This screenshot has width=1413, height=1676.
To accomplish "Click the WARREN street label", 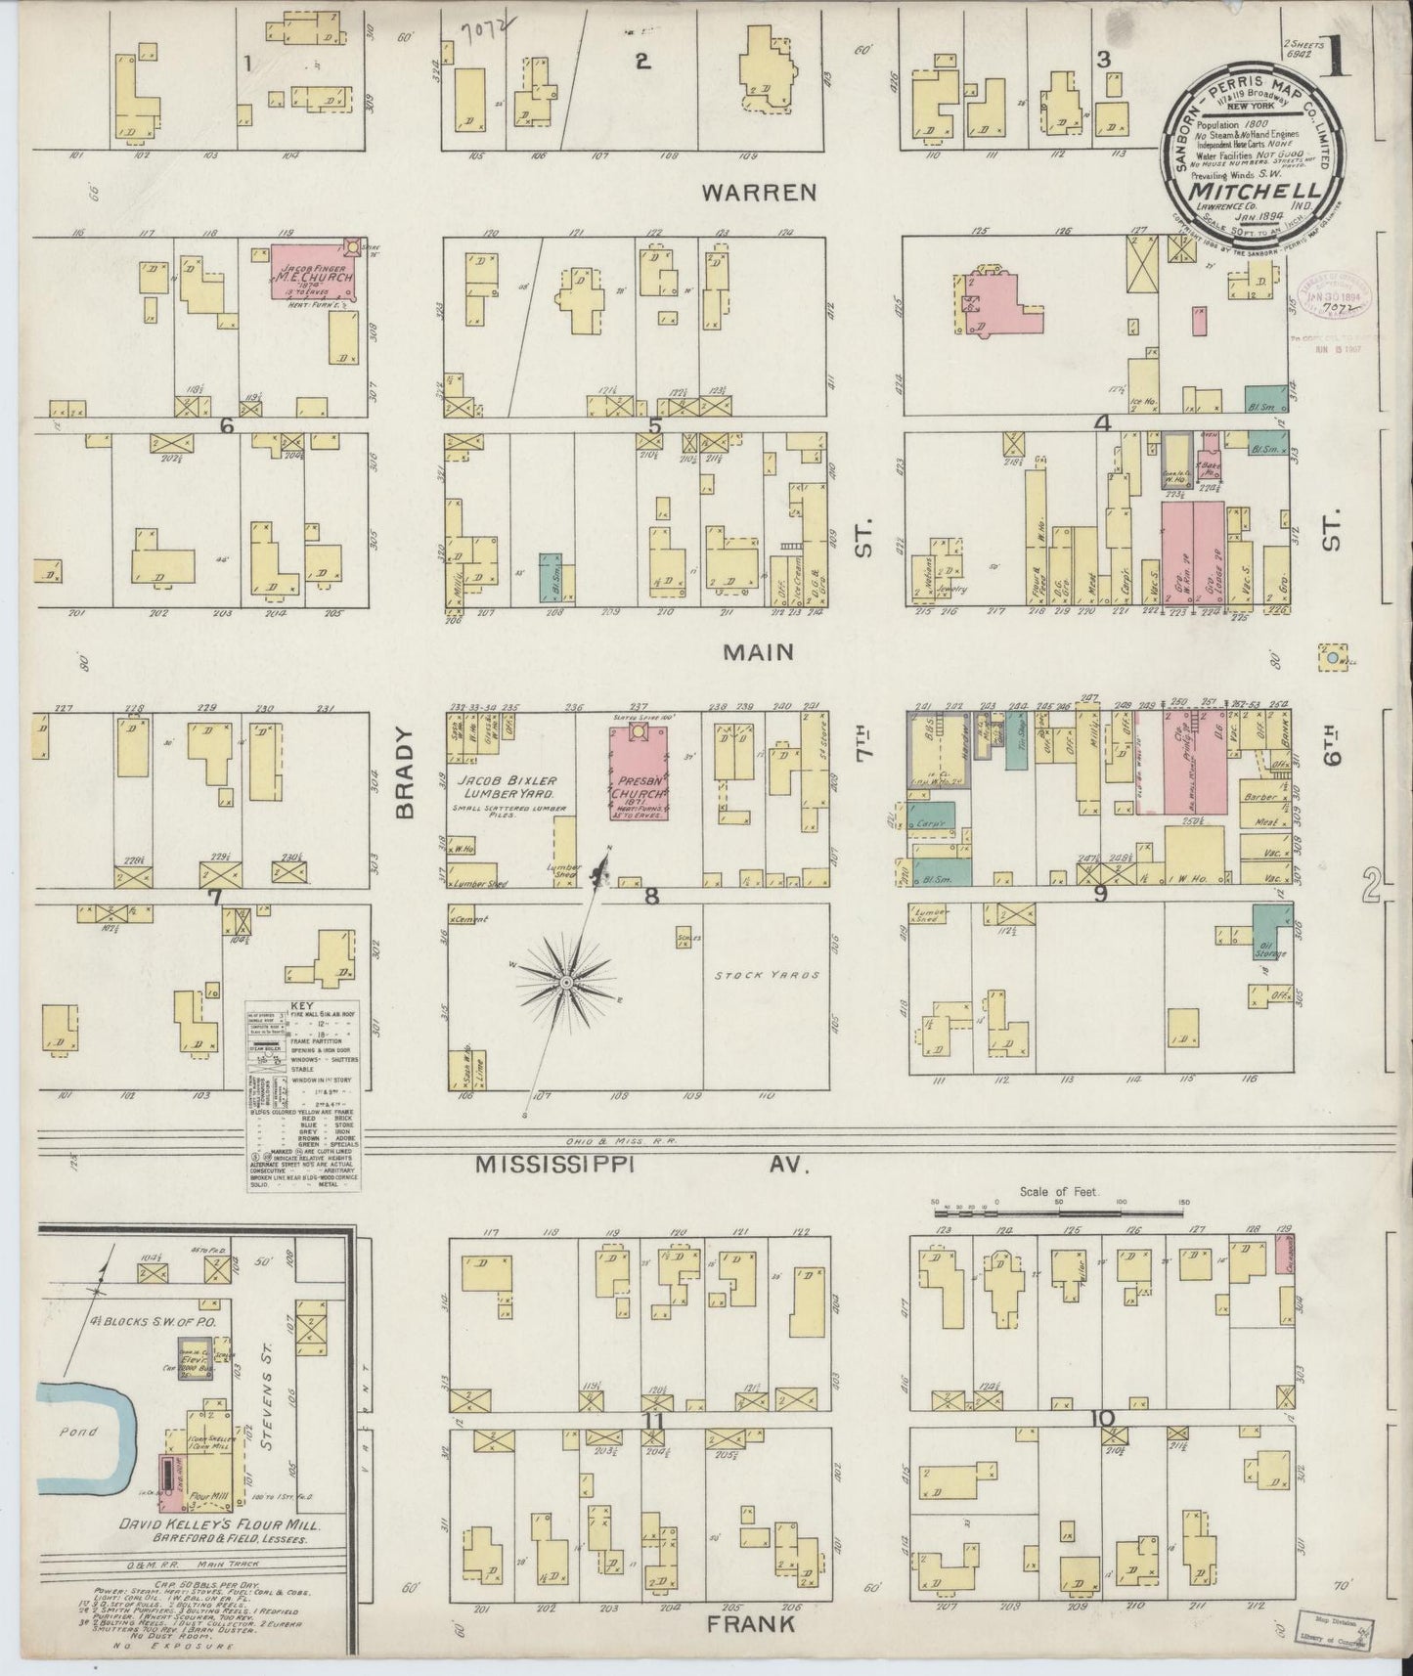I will click(x=759, y=193).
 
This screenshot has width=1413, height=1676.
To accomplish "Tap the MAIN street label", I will click(x=758, y=651).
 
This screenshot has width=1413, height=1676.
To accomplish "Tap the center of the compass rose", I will click(x=566, y=980).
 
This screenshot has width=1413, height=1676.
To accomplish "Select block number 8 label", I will click(x=651, y=895).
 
